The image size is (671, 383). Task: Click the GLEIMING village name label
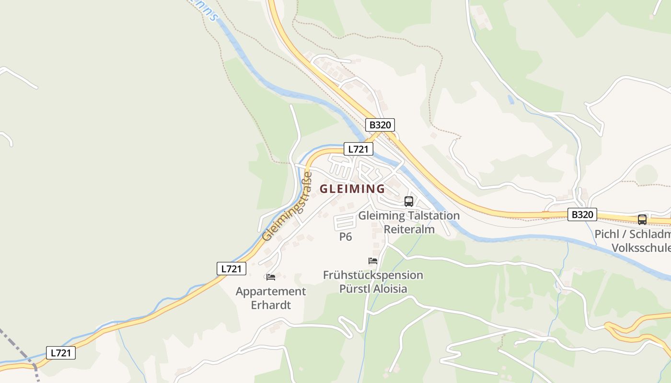point(352,189)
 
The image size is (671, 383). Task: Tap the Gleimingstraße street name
point(284,207)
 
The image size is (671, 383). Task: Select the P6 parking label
point(346,237)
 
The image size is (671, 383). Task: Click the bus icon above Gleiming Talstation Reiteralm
point(409,202)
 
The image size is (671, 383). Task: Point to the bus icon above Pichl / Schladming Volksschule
point(642,220)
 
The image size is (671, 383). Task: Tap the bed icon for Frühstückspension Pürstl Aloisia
point(373,261)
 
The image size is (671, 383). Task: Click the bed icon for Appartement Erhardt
point(271,277)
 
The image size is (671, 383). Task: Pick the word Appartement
point(271,292)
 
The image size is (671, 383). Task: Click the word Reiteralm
point(409,229)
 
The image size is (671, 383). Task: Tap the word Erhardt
point(271,305)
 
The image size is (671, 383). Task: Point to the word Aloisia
point(386,289)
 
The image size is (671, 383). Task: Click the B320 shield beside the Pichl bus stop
point(582,214)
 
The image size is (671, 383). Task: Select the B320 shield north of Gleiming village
point(380,125)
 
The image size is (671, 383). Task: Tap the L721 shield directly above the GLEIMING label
point(358,149)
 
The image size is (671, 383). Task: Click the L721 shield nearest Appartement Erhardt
point(231,269)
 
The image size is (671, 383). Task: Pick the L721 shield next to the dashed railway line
point(61,353)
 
